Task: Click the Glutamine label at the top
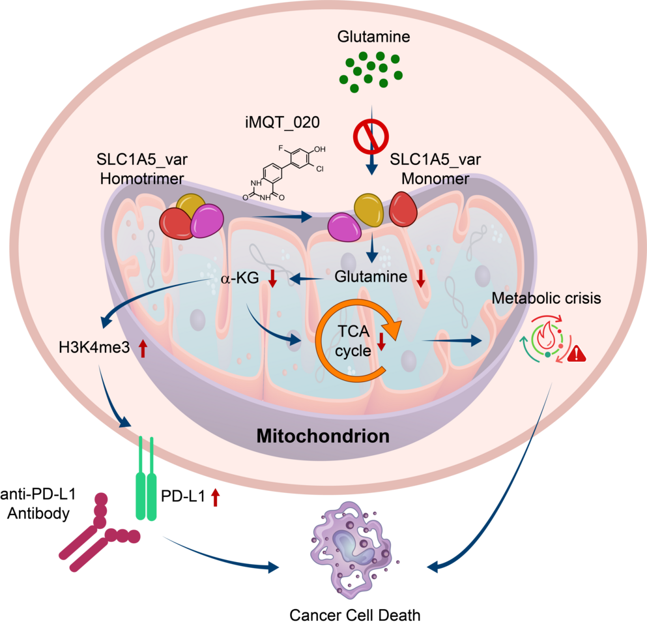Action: coord(373,37)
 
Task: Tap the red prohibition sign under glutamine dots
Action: coord(370,138)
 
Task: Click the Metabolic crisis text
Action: coord(546,299)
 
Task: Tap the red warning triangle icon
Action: coord(577,354)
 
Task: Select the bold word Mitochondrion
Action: coord(323,435)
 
